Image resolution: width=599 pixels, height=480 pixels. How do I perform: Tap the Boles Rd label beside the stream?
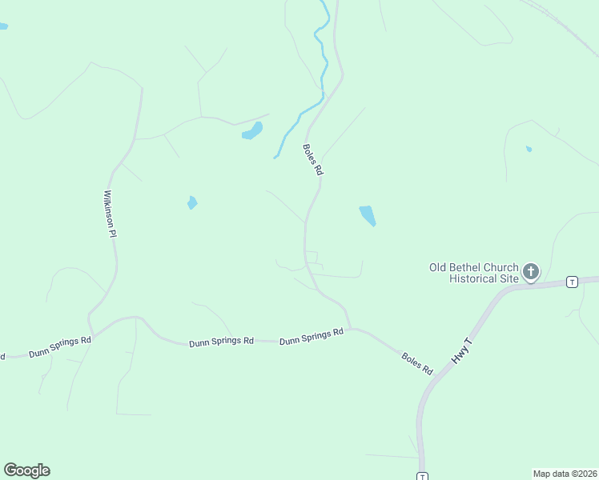tap(313, 160)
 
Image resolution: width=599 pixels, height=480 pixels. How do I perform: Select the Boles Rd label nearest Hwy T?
tap(417, 361)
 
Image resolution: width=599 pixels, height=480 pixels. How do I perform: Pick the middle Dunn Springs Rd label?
tap(221, 342)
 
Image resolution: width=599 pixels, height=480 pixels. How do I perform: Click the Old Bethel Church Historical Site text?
tap(474, 274)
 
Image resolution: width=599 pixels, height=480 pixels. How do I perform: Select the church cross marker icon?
tap(531, 272)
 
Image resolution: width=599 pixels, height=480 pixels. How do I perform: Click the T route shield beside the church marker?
tap(572, 282)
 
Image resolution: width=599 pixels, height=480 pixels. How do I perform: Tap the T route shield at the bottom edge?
tap(422, 476)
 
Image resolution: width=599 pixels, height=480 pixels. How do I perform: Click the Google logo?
tap(26, 470)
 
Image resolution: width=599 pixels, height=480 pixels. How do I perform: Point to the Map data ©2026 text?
tap(565, 473)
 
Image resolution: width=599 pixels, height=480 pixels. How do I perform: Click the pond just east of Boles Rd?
tap(368, 215)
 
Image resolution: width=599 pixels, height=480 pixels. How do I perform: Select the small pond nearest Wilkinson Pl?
tap(192, 202)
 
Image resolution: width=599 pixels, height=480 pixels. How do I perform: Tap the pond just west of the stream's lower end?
tap(253, 131)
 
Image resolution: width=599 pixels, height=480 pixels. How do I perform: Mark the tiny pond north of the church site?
tap(529, 149)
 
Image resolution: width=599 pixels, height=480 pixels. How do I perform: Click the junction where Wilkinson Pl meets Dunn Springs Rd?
tap(93, 332)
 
